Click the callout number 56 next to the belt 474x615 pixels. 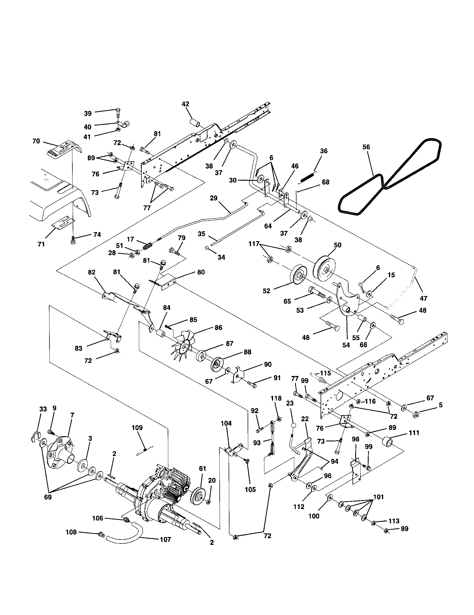click(366, 147)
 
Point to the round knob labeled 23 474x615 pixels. click(293, 425)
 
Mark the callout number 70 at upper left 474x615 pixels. click(36, 141)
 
